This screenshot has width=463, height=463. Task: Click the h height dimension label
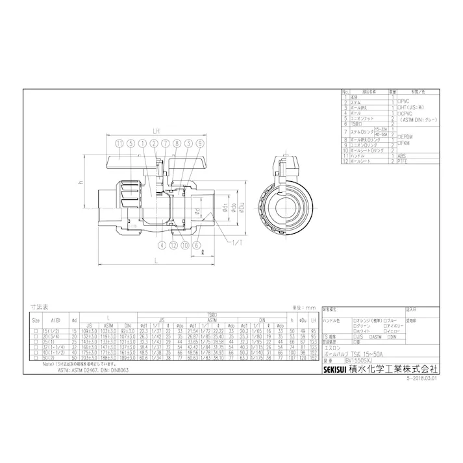(x=81, y=183)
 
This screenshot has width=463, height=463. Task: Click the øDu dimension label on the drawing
(x=242, y=206)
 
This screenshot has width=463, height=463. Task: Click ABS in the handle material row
(x=403, y=156)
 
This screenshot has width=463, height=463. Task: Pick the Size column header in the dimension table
(x=36, y=320)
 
